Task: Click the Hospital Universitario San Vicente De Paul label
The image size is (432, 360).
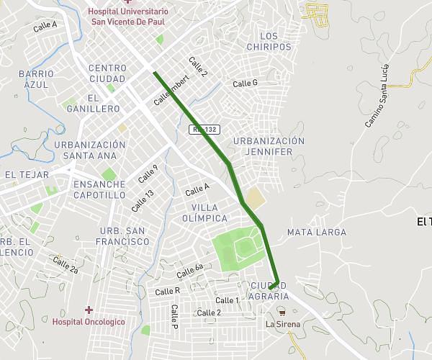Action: click(130, 17)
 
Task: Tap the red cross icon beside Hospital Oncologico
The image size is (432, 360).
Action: click(89, 310)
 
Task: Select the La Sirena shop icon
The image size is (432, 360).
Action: click(282, 312)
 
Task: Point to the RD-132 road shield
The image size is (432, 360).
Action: click(204, 130)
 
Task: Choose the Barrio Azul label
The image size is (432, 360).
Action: click(36, 79)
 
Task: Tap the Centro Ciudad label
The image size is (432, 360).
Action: click(107, 73)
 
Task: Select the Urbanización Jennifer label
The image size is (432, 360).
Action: click(269, 146)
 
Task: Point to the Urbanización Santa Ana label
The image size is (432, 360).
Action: click(90, 150)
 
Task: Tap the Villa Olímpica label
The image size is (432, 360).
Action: click(204, 212)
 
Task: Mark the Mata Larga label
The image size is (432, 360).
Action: click(317, 233)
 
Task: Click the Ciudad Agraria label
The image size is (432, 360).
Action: click(269, 291)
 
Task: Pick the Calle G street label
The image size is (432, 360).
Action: click(245, 84)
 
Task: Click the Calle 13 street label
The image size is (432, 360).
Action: click(142, 200)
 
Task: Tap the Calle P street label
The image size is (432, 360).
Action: click(174, 317)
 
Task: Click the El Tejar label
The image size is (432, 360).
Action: click(27, 175)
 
